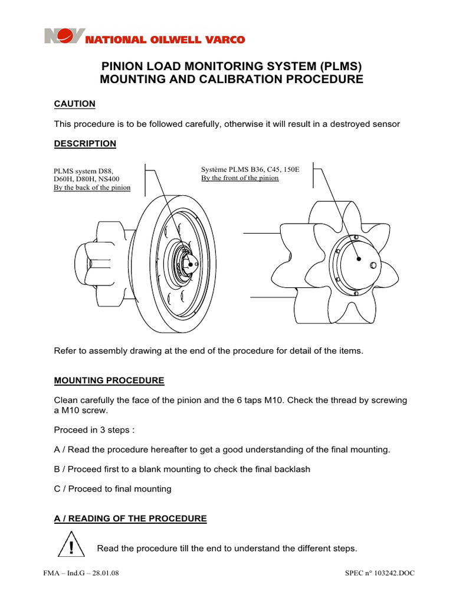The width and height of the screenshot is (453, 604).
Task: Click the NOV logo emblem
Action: (65, 37)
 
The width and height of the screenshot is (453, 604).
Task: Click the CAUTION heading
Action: (74, 104)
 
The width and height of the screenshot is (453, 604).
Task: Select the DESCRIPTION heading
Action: (85, 143)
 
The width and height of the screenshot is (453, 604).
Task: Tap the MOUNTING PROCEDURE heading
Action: (109, 380)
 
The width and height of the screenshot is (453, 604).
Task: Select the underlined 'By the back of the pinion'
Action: (91, 188)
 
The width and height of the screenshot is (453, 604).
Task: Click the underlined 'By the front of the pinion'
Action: (240, 178)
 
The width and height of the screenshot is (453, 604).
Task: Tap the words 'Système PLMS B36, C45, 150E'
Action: (250, 169)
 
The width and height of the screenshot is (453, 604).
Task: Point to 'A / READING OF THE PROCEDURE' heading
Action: (130, 518)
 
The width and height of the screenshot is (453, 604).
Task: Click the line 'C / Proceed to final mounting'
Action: (113, 488)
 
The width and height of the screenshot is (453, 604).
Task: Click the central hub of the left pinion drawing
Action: (187, 265)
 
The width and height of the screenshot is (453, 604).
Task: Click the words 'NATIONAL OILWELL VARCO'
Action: (166, 40)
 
